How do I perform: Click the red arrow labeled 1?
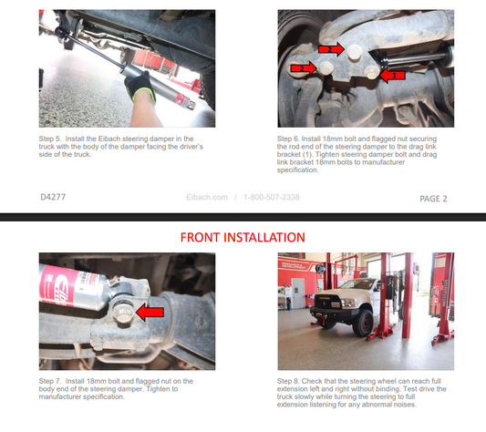(392, 76)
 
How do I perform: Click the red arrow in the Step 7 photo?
(150, 312)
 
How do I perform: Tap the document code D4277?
(53, 197)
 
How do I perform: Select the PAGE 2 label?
(433, 199)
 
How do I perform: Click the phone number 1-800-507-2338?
(272, 197)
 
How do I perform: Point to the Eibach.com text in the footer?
(207, 197)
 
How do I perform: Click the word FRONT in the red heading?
(200, 237)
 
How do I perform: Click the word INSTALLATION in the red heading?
(264, 237)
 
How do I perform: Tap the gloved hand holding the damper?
(141, 87)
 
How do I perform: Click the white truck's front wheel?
(363, 323)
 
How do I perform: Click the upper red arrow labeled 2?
(331, 49)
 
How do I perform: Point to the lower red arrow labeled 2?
(304, 67)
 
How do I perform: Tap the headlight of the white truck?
(347, 303)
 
